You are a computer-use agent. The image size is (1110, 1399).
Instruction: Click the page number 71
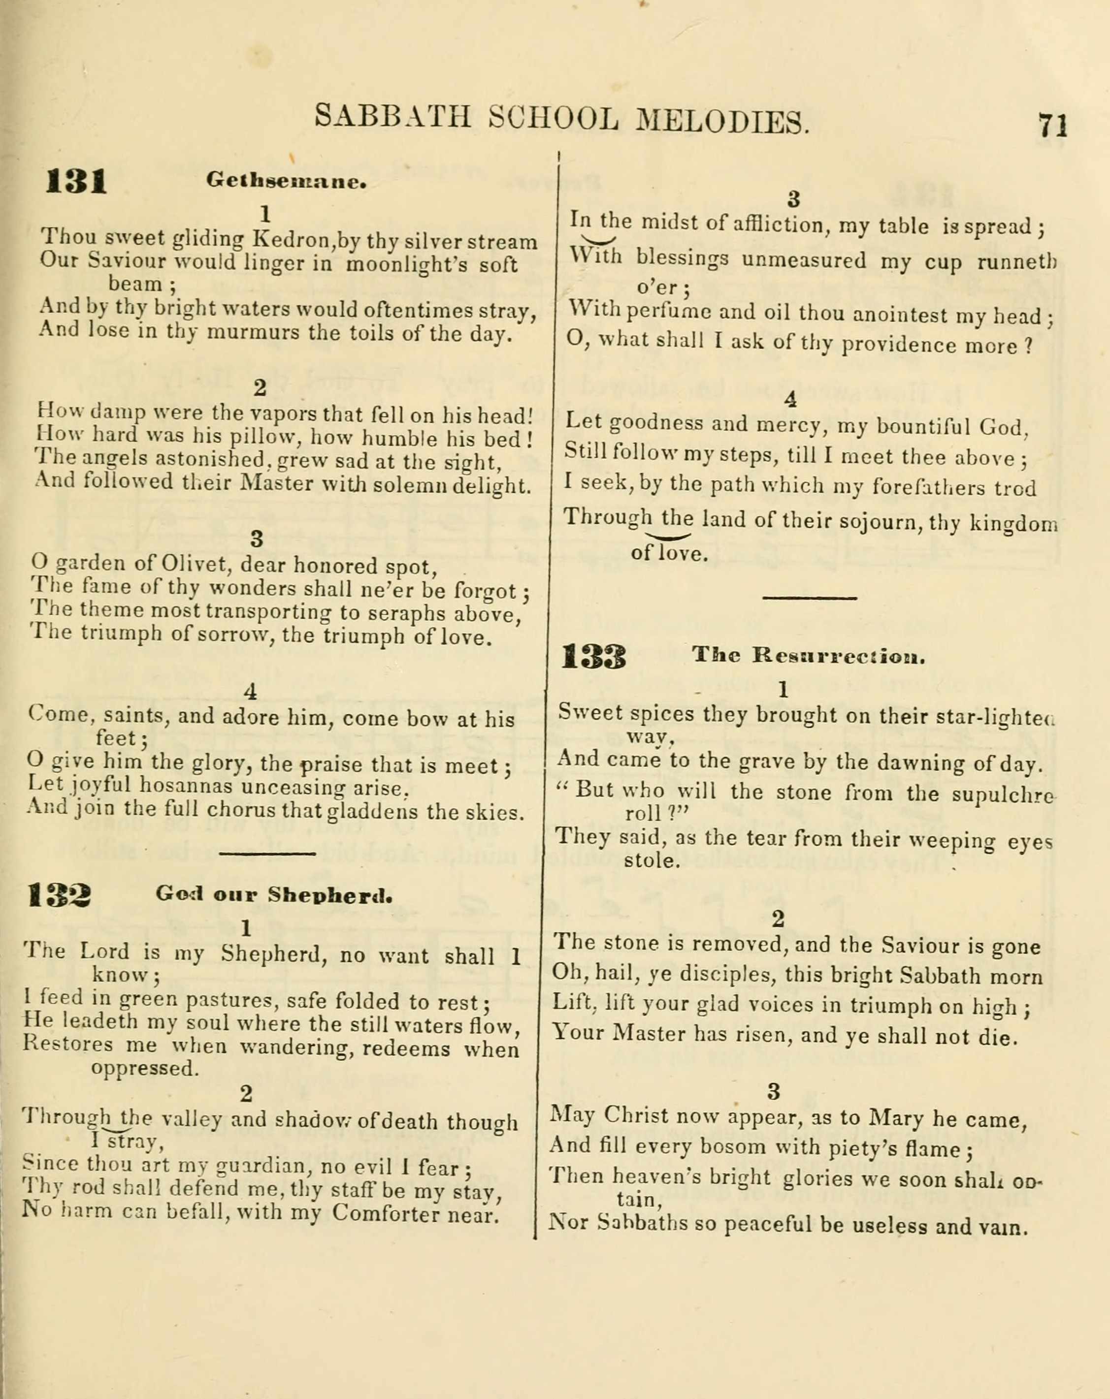pos(1052,125)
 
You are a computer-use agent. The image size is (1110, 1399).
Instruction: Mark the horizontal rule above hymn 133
pos(810,597)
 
